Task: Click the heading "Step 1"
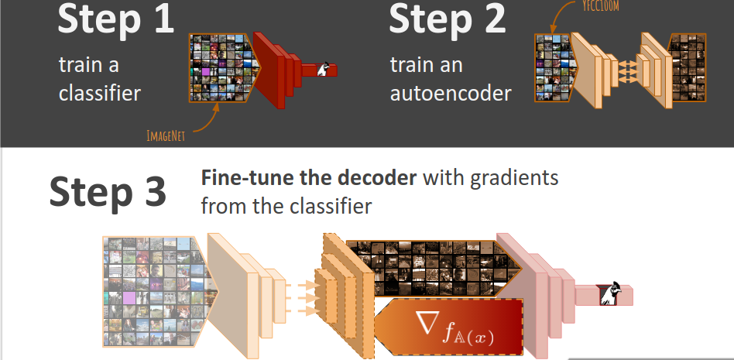tap(115, 19)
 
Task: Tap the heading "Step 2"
tap(447, 19)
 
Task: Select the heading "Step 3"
tap(108, 191)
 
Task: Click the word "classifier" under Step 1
tap(100, 93)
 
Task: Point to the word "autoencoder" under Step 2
tap(451, 93)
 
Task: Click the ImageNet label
tap(166, 136)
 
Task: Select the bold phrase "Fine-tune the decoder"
tap(308, 178)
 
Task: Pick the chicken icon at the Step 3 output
tap(609, 293)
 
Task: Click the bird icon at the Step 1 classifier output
tap(324, 69)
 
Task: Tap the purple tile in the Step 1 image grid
tap(205, 72)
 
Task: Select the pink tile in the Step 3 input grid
tap(129, 298)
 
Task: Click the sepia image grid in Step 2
tap(688, 67)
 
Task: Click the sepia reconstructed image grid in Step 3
tap(433, 268)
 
